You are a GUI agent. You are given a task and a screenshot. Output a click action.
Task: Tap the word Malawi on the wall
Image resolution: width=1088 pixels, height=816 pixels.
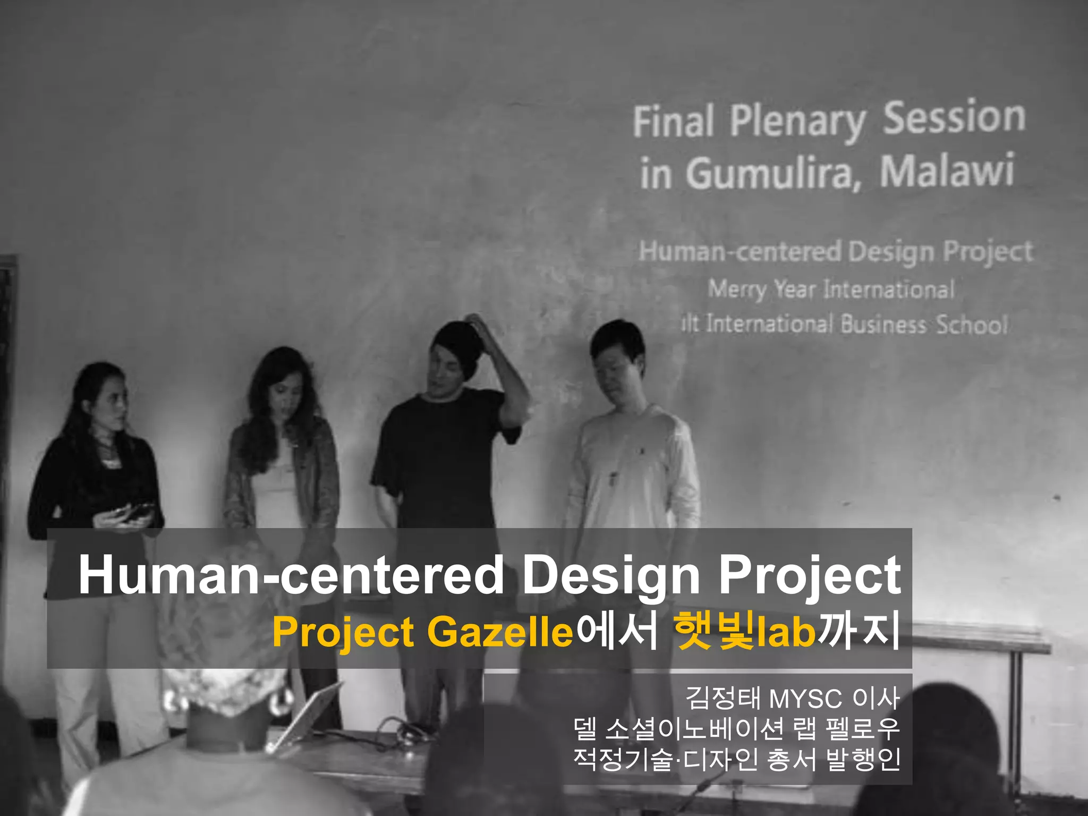(x=947, y=171)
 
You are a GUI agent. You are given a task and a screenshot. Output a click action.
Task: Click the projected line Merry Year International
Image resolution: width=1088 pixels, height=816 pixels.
(x=831, y=290)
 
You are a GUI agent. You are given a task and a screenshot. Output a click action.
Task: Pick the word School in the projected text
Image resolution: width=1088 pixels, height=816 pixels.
(x=972, y=325)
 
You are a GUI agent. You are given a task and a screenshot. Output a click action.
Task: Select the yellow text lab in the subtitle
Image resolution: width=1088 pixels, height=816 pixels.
(x=786, y=632)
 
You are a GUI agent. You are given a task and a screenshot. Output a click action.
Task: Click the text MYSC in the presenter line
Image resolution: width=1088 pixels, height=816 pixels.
(x=805, y=699)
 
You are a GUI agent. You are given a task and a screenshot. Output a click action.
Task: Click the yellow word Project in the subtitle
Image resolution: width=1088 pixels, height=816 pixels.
(x=343, y=632)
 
